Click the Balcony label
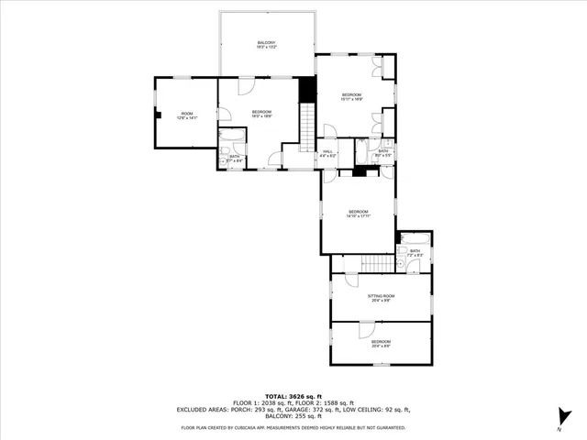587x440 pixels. (266, 45)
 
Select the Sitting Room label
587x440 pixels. (381, 297)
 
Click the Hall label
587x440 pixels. (327, 154)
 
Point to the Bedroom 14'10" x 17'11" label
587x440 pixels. (357, 214)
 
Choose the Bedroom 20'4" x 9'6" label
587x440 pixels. (381, 344)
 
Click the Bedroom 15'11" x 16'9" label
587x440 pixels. (352, 97)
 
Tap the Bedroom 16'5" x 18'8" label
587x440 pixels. (262, 115)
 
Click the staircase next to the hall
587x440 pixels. (307, 126)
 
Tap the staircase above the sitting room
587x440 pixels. (376, 264)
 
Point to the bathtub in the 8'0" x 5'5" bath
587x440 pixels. (362, 151)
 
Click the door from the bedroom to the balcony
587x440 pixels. (246, 85)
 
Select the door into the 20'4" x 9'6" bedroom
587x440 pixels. (366, 329)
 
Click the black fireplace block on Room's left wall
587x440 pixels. (158, 115)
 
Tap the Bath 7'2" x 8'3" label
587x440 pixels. (415, 253)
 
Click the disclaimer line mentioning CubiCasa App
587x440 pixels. (293, 427)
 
